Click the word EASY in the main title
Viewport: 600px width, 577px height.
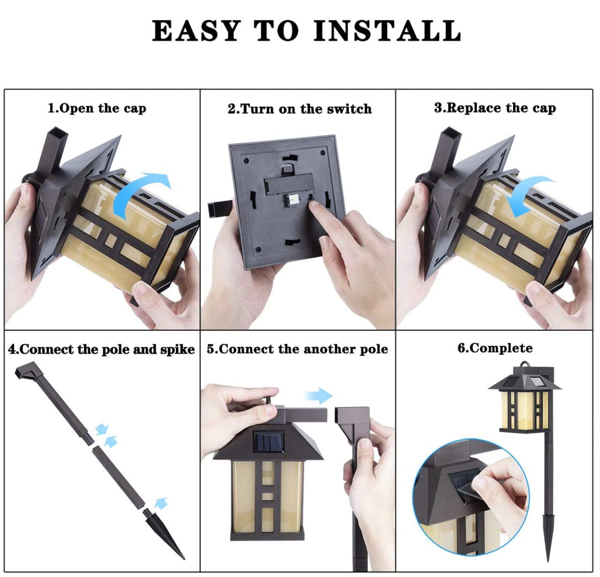(x=197, y=30)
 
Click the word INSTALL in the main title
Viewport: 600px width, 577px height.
(x=387, y=30)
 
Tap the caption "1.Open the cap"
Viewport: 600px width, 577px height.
(x=97, y=109)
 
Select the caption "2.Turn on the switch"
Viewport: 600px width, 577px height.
(x=300, y=109)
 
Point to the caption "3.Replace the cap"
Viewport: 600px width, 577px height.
(x=495, y=108)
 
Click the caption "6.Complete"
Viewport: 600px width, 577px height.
(x=495, y=348)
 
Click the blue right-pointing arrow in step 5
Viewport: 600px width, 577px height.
(x=318, y=395)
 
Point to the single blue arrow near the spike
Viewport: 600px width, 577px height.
(x=161, y=503)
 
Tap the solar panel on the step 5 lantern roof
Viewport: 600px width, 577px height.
(x=268, y=442)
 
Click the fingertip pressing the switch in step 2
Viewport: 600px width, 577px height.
(x=314, y=205)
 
